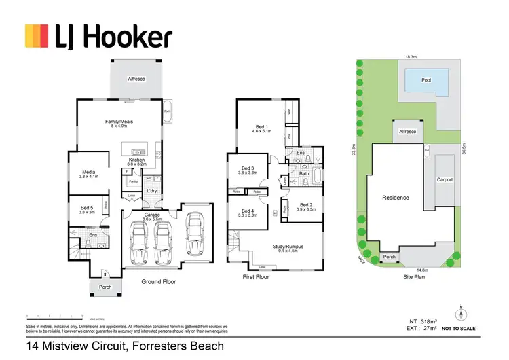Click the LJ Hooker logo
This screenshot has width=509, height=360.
98,36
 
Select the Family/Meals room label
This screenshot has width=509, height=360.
119,123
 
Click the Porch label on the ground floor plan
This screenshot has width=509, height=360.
105,287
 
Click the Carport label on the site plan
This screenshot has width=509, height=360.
445,180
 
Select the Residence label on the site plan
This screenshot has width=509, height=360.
396,198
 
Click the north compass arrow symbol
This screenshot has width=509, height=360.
460,313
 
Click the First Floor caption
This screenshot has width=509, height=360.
256,278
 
